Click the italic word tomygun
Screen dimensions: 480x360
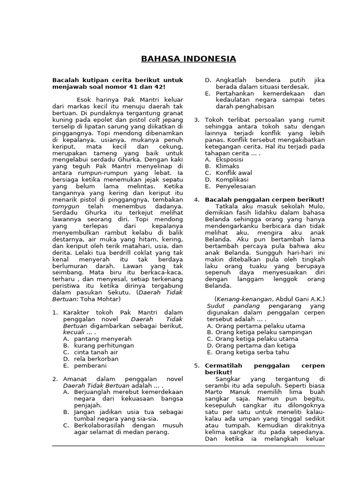(x=65, y=219)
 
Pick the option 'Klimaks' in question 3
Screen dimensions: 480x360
(x=227, y=166)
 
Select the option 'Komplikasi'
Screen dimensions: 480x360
(x=232, y=179)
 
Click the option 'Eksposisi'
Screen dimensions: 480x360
(x=230, y=159)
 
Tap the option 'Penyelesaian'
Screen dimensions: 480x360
(x=235, y=186)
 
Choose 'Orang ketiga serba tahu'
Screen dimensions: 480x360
(x=252, y=352)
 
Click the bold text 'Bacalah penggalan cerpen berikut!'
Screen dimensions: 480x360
(x=265, y=200)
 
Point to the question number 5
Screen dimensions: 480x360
(x=196, y=365)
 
